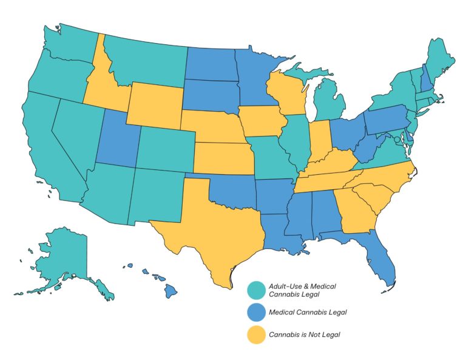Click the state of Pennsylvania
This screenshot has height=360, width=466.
[x=385, y=119]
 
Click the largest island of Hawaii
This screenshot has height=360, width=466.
[x=171, y=291]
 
